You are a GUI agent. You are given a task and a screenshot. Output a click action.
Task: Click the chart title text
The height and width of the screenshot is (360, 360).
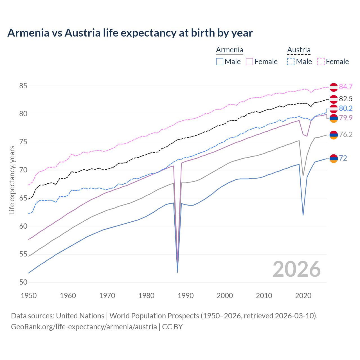click(130, 33)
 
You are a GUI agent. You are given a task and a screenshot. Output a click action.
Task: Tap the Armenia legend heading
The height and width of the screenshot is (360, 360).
click(229, 50)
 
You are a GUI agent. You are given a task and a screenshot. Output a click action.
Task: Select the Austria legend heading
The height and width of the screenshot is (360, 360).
click(299, 50)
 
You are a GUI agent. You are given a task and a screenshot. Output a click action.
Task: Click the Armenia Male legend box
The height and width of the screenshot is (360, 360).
click(220, 62)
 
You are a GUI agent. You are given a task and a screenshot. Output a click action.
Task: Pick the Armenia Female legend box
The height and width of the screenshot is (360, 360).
click(249, 62)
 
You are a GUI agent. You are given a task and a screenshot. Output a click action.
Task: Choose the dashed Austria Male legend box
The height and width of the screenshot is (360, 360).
click(291, 62)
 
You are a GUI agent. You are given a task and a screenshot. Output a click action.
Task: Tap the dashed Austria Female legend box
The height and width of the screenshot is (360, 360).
click(321, 62)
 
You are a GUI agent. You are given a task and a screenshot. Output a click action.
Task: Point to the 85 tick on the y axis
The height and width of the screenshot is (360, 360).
click(23, 86)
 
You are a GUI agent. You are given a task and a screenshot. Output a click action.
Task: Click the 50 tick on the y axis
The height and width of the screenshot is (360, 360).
click(23, 282)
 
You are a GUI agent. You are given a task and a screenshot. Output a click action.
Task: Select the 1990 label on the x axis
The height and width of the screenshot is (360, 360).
click(186, 296)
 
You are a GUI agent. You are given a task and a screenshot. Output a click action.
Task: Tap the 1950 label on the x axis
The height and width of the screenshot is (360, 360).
click(29, 296)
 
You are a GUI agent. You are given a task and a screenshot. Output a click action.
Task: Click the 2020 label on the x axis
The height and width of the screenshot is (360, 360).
click(303, 296)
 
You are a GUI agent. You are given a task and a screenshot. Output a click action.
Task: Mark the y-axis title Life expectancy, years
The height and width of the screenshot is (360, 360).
click(12, 180)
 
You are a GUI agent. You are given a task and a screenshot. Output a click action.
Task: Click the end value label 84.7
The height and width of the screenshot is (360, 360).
click(346, 87)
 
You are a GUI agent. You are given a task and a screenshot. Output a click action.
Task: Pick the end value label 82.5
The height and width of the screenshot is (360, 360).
click(346, 99)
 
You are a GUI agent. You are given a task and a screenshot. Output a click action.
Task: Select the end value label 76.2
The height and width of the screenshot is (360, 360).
click(346, 134)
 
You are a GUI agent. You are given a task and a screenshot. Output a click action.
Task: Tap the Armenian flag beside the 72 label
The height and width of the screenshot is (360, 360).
click(334, 159)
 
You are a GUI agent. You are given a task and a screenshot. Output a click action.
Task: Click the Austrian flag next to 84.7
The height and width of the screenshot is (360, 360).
click(334, 87)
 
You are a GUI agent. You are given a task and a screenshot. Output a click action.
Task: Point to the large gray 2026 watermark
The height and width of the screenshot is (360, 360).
click(297, 269)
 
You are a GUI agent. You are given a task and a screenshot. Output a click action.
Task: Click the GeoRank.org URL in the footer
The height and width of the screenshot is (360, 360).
click(84, 327)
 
